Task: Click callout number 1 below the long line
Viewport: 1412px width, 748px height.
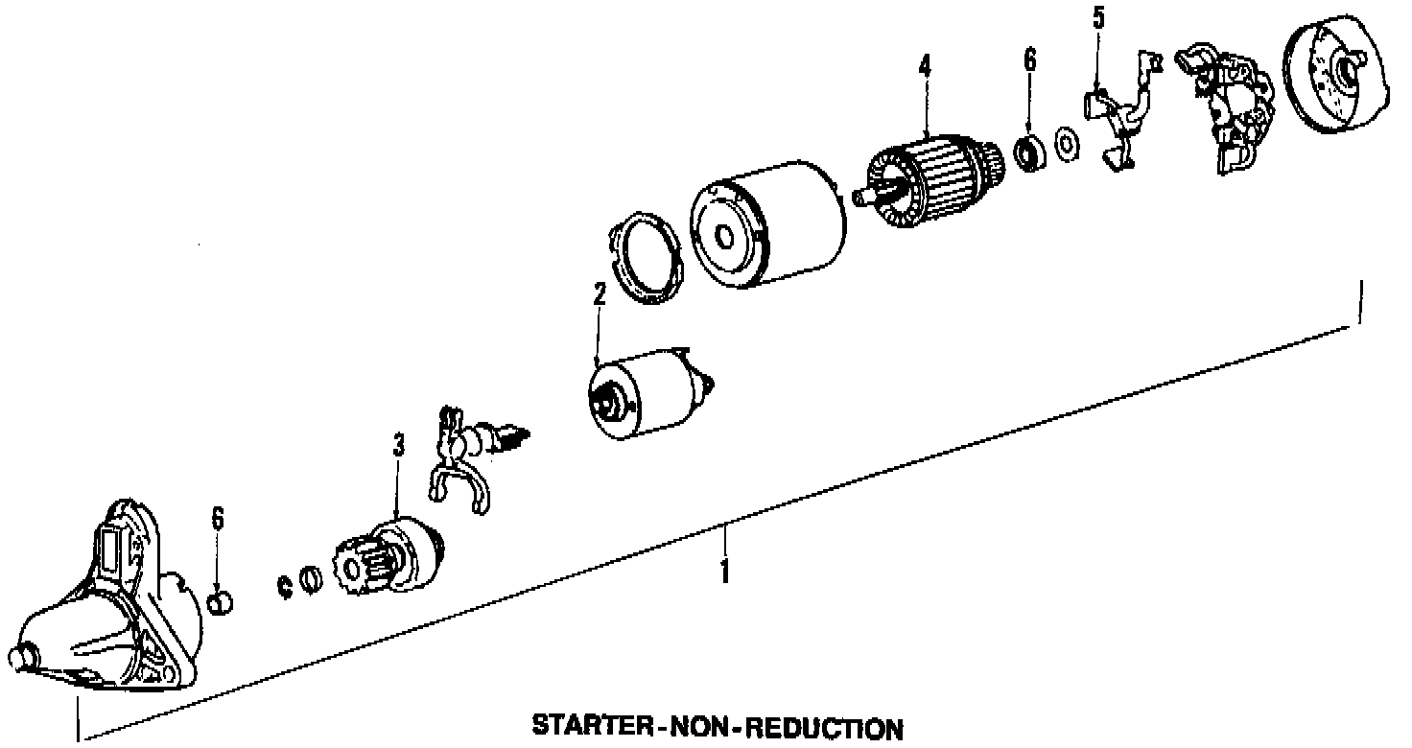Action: point(724,572)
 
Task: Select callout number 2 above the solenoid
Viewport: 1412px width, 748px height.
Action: point(599,294)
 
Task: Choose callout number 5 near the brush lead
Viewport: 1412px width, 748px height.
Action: point(1098,17)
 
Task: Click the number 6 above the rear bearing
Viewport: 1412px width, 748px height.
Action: point(1029,59)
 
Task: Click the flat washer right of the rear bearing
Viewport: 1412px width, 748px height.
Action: point(1066,144)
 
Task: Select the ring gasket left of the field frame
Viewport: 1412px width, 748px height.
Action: point(645,260)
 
